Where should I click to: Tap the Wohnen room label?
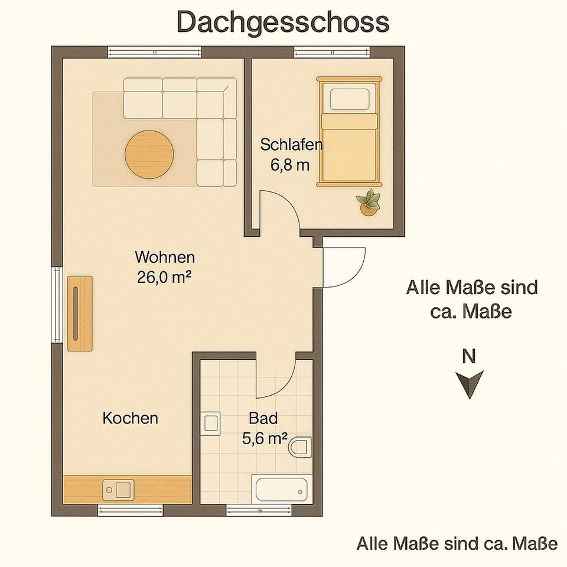[165, 258]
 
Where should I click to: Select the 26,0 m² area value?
[164, 278]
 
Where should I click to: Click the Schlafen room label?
[291, 145]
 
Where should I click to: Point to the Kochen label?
[130, 418]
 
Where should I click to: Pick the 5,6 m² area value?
[265, 439]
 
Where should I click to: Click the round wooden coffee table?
[149, 154]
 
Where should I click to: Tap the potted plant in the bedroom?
[369, 203]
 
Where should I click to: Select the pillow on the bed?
[349, 99]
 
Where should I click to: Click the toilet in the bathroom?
[300, 447]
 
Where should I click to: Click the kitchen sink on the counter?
[118, 490]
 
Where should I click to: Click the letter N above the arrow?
[468, 357]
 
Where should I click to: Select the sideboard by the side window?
[80, 314]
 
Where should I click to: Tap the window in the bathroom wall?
[259, 510]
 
